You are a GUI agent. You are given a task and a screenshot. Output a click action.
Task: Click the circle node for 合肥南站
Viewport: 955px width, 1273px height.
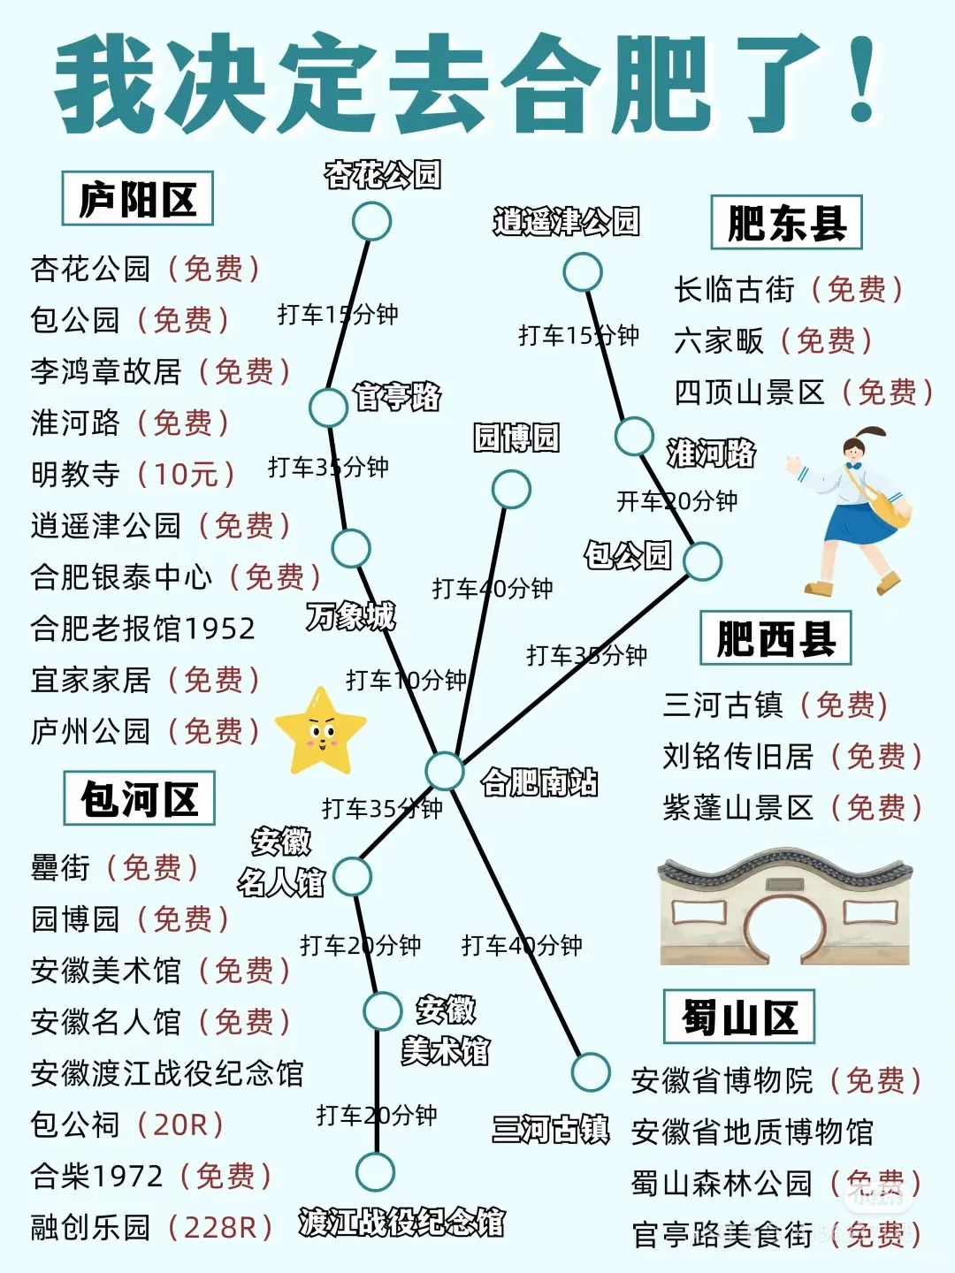click(444, 770)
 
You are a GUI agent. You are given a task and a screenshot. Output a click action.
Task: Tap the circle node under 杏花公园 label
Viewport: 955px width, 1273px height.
click(371, 221)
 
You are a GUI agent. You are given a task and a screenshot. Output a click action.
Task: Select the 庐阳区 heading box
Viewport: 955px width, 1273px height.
click(137, 199)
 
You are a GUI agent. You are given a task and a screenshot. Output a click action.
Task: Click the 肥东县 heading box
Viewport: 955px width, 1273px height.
click(786, 223)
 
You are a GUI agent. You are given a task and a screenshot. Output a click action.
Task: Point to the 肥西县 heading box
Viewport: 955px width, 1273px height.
click(775, 638)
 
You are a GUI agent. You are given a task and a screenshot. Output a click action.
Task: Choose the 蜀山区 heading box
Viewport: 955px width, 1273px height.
click(739, 1018)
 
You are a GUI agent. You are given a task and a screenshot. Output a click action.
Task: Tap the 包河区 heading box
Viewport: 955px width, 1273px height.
click(139, 799)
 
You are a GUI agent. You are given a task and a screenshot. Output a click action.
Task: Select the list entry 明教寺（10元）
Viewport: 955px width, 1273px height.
click(133, 474)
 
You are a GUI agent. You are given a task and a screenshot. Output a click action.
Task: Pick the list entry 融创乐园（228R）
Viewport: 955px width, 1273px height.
click(151, 1227)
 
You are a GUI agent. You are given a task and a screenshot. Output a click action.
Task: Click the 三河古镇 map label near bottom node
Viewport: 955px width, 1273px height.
click(551, 1130)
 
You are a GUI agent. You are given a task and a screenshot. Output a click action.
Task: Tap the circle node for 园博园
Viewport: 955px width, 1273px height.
click(511, 489)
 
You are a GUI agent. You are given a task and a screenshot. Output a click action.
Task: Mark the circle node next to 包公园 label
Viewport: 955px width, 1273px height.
click(702, 560)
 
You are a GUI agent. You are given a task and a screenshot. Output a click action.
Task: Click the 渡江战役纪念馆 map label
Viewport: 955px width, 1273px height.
click(401, 1223)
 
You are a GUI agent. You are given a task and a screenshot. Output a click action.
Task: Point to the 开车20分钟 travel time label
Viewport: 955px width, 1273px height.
click(677, 501)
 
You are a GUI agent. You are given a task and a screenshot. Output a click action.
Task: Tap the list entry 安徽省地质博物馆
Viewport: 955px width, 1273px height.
click(753, 1132)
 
